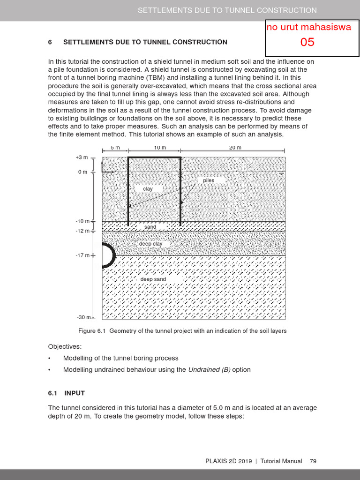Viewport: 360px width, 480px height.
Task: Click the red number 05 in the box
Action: click(x=307, y=42)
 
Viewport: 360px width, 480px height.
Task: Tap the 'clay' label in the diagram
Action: click(x=148, y=189)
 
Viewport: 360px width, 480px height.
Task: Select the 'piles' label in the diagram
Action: click(x=209, y=180)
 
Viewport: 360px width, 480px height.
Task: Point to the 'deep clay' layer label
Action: click(x=150, y=244)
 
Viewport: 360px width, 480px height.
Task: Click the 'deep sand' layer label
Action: click(x=153, y=279)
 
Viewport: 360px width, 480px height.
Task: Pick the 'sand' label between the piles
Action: click(x=150, y=227)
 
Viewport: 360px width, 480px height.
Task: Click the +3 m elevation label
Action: click(x=82, y=158)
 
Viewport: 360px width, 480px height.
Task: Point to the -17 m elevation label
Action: click(x=82, y=255)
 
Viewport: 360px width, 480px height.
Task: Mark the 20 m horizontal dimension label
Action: click(x=235, y=148)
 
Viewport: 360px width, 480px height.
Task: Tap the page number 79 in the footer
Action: click(x=313, y=461)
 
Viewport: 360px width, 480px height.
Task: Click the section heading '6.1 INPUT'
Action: click(x=67, y=393)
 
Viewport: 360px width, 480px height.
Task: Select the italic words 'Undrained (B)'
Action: click(x=209, y=370)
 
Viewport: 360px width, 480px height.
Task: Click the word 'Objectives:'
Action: click(x=65, y=347)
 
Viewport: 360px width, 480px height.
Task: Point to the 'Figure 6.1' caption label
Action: click(x=93, y=331)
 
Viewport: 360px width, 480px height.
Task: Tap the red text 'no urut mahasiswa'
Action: click(x=308, y=27)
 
